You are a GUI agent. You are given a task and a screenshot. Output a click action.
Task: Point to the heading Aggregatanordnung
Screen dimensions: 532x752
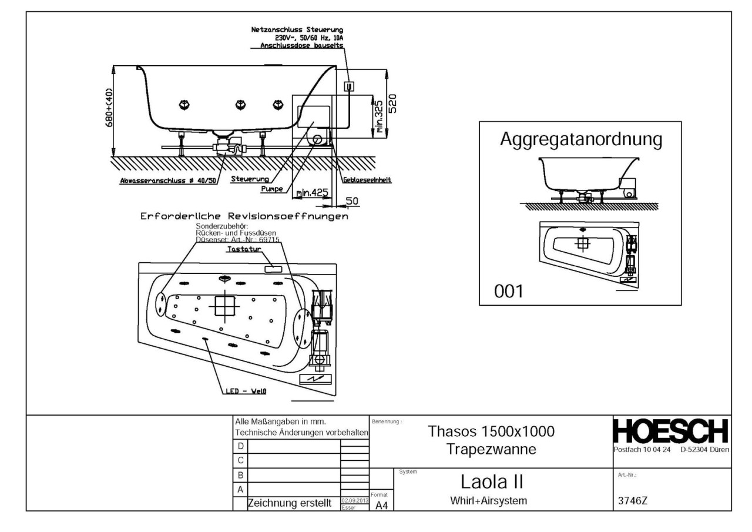[580, 140]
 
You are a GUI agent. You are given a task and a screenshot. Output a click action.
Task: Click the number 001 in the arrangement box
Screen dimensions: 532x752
[509, 291]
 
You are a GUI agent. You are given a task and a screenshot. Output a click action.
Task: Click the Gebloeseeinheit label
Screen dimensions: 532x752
[368, 180]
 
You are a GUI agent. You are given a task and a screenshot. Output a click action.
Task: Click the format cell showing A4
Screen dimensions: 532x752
[380, 507]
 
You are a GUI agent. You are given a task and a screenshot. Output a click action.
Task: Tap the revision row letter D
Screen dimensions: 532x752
[240, 446]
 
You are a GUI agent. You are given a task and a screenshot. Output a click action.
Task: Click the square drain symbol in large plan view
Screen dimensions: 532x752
[224, 306]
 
